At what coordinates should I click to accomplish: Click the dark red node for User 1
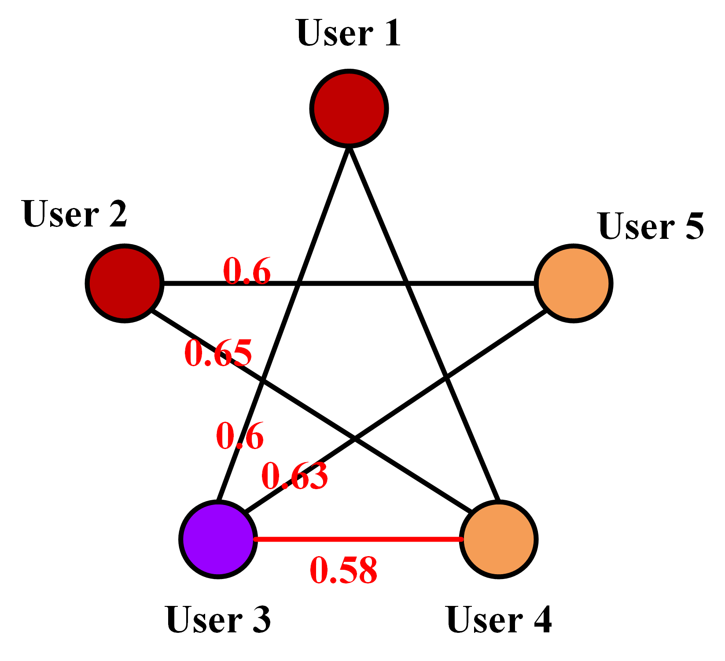349,108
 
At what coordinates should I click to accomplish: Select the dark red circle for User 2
125,283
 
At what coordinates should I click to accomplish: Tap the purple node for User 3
218,539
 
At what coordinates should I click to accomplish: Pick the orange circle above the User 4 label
498,539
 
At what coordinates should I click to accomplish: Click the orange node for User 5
573,283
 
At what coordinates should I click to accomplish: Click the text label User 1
349,33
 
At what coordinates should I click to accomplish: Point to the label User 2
75,214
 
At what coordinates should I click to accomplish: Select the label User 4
498,620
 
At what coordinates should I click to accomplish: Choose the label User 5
651,227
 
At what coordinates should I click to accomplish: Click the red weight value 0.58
343,570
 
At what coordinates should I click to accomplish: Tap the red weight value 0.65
218,353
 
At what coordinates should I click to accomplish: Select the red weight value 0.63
294,476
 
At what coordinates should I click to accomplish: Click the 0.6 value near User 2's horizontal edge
247,271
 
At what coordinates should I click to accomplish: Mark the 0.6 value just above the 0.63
240,436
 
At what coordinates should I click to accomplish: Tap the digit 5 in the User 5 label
694,227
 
